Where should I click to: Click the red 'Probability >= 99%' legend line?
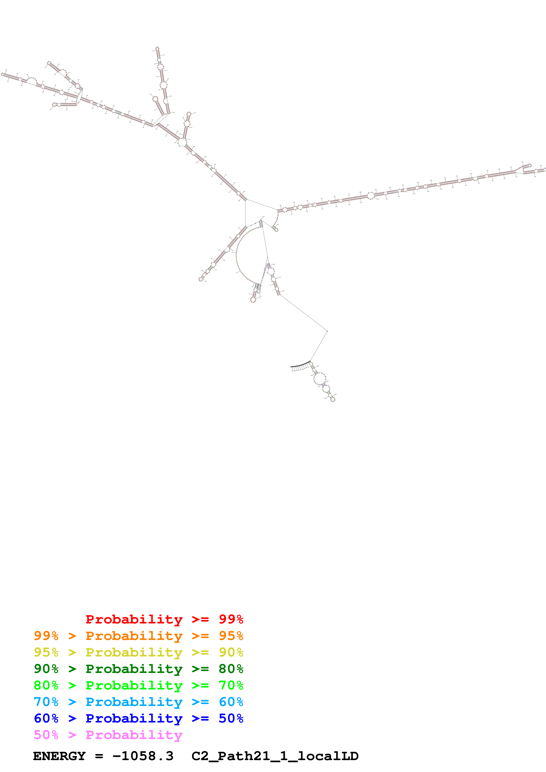coord(164,619)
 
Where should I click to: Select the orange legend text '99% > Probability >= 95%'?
coord(138,636)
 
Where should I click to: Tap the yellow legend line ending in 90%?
coord(138,652)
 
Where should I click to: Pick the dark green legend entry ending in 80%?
coord(138,669)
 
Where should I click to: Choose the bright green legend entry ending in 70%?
coord(138,685)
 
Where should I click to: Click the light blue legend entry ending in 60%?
coord(138,702)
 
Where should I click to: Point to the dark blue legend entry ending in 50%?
coord(138,718)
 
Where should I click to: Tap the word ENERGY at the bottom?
coord(59,756)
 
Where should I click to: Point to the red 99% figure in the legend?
coord(231,619)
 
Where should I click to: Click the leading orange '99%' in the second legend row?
coord(46,636)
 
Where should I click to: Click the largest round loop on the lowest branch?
coord(319,378)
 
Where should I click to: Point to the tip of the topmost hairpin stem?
coord(157,48)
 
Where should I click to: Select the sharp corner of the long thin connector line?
coord(327,331)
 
